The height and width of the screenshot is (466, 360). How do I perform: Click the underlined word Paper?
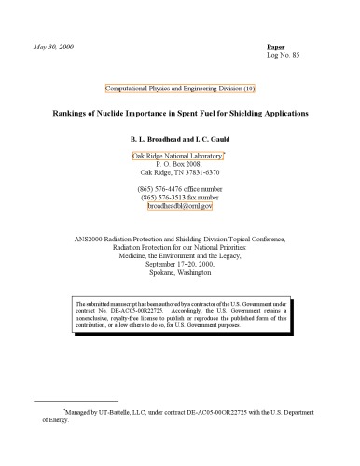pos(276,46)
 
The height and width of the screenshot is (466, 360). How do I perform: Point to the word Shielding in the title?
pos(243,112)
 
